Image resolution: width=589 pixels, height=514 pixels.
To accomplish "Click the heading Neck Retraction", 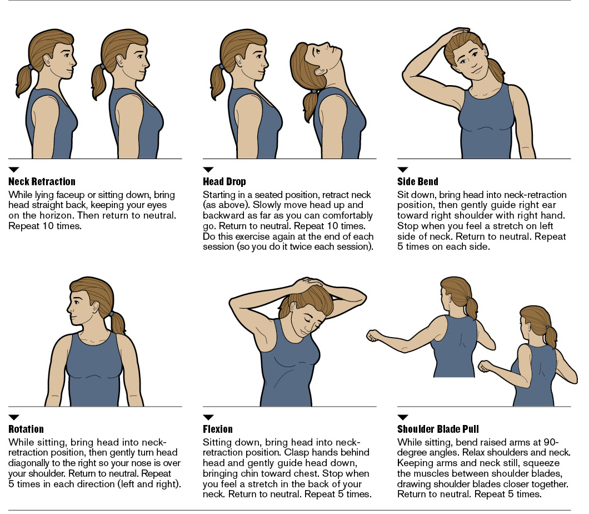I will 42,182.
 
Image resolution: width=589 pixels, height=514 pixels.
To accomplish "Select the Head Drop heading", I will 224,182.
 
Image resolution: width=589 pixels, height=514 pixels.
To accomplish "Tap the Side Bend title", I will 417,182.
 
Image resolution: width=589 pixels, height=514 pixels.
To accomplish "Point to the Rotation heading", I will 26,429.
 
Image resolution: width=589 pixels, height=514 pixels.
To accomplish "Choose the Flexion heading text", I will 218,429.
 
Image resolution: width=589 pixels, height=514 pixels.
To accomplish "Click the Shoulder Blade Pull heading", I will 438,429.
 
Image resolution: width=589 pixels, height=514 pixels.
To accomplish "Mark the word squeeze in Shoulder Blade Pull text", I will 541,463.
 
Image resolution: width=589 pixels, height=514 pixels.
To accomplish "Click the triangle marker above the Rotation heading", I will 14,417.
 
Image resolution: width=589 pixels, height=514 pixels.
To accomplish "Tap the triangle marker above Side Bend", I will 403,169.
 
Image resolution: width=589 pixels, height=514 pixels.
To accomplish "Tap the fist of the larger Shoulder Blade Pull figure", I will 373,336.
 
